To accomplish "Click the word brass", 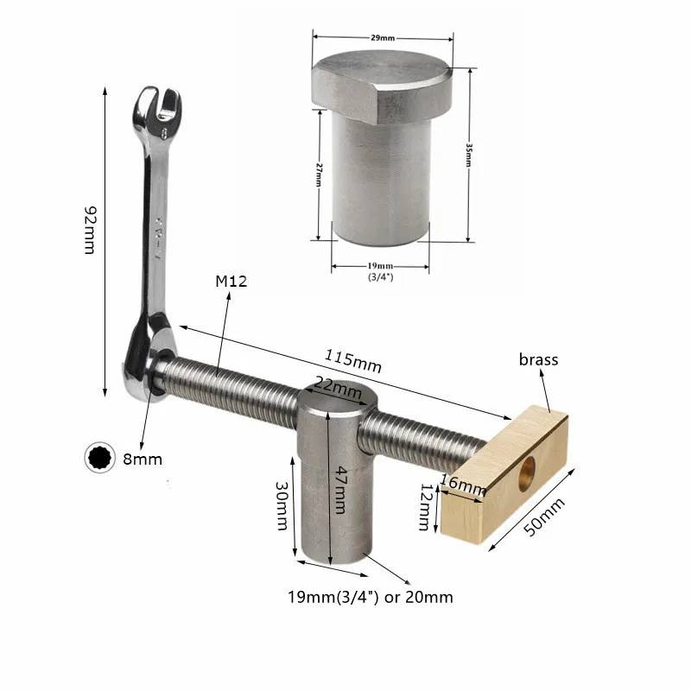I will click(539, 359).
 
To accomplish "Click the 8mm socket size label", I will click(143, 460).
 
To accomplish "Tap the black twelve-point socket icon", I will click(99, 459).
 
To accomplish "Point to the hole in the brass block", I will click(526, 471).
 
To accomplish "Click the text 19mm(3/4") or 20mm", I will click(370, 597).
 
